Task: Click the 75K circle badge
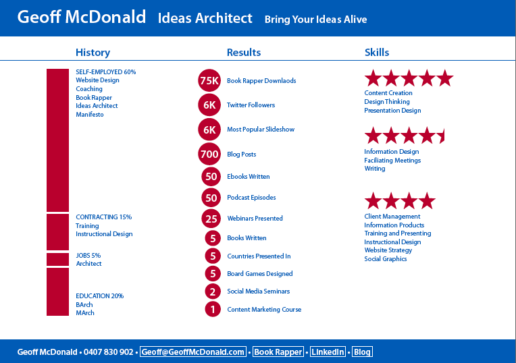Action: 209,80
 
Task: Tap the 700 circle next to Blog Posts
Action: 209,154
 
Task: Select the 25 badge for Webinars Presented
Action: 211,219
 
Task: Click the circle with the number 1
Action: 213,309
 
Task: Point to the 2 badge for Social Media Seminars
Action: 213,291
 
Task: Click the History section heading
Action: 93,53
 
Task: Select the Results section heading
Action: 244,52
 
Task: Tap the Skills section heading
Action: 377,52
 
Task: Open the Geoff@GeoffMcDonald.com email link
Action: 193,352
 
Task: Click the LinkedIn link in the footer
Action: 328,352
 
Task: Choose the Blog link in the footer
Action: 362,352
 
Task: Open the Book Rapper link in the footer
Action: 278,352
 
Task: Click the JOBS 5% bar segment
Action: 57,259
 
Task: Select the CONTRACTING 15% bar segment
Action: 57,232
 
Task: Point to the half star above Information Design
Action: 442,136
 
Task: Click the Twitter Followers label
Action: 251,105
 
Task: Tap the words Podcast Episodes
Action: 251,197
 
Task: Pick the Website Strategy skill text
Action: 388,250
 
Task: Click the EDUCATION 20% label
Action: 100,296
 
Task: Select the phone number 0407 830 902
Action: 108,352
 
